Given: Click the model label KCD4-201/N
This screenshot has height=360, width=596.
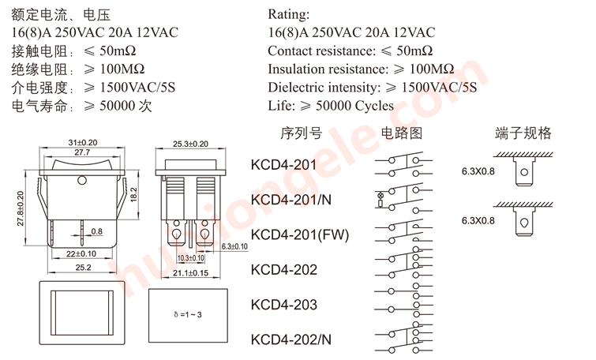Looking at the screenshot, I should pyautogui.click(x=291, y=200).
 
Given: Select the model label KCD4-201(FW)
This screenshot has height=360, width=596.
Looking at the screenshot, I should pyautogui.click(x=299, y=234).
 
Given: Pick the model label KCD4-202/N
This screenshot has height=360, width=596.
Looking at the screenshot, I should pyautogui.click(x=291, y=339).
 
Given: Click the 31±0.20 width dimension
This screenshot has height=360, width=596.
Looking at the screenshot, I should pyautogui.click(x=82, y=142).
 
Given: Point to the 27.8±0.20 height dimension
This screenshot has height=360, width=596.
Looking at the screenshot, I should pyautogui.click(x=21, y=209).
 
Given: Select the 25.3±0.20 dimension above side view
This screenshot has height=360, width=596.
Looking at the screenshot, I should pyautogui.click(x=190, y=144).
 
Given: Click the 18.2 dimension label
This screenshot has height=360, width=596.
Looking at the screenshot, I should pyautogui.click(x=133, y=192).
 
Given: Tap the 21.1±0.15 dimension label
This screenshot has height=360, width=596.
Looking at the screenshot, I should pyautogui.click(x=190, y=273).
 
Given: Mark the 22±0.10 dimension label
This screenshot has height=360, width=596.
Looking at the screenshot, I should pyautogui.click(x=81, y=253).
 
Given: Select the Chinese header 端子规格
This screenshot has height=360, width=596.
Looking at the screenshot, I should pyautogui.click(x=523, y=133).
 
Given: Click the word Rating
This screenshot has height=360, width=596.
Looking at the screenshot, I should pyautogui.click(x=288, y=14).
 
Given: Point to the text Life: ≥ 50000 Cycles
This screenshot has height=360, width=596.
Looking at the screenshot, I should pyautogui.click(x=331, y=105).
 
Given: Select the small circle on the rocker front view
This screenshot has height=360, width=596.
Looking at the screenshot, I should pyautogui.click(x=81, y=182).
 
